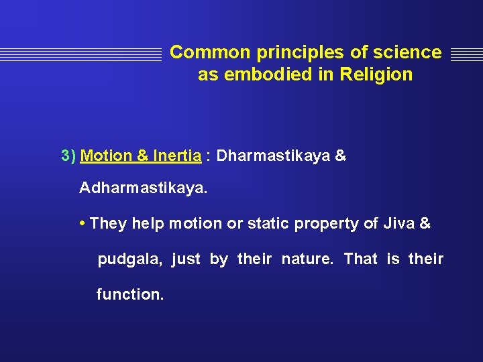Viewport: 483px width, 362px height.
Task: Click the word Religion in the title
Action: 376,74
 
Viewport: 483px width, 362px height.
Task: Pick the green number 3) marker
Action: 68,156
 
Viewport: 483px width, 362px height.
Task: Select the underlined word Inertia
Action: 177,156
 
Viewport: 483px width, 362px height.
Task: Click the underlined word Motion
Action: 107,156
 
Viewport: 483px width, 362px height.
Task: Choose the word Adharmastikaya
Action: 143,188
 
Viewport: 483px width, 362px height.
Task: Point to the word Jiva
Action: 399,223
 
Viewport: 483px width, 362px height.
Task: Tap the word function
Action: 129,294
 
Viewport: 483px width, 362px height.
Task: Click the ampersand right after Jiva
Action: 425,223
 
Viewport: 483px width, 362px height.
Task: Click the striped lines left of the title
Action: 80,54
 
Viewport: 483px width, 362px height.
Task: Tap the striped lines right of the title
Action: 466,54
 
